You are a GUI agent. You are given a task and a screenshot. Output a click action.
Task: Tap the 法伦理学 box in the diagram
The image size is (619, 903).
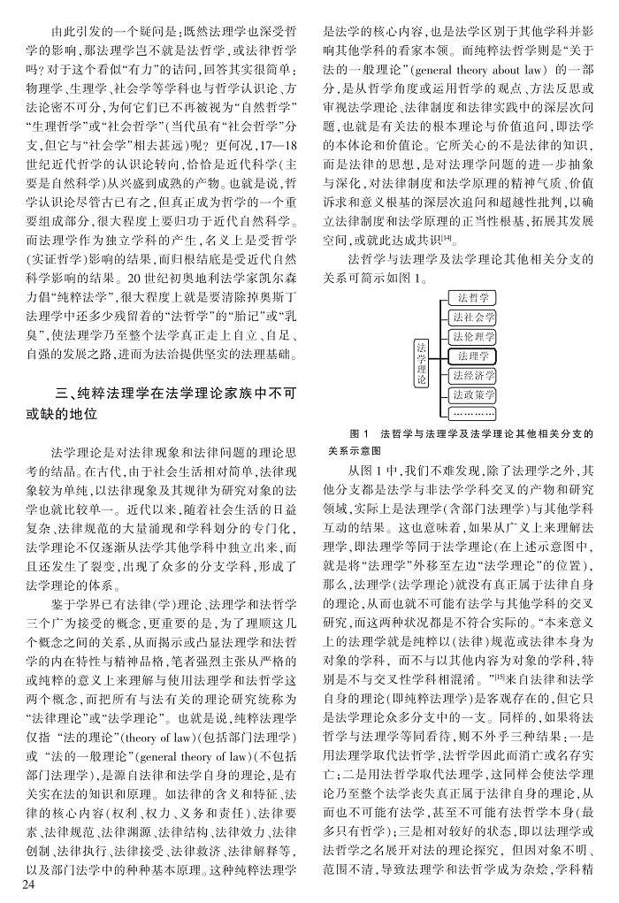pos(471,338)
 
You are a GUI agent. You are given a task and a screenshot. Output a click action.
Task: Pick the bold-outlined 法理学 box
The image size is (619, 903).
pos(471,356)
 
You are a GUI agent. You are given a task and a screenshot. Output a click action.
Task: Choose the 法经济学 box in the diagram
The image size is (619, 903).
pos(471,375)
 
